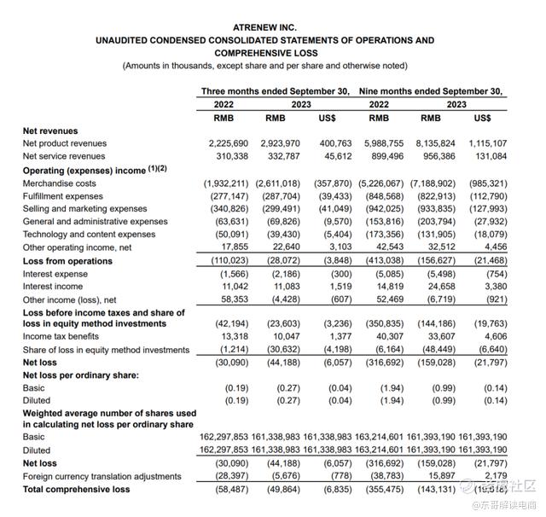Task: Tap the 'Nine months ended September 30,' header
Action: pos(431,90)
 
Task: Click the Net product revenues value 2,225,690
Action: pos(224,143)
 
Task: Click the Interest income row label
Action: pos(55,287)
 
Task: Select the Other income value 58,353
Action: pos(231,299)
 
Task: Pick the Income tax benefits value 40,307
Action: pos(383,337)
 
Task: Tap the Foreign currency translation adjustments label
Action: pos(102,476)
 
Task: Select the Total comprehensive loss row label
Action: pos(76,489)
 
